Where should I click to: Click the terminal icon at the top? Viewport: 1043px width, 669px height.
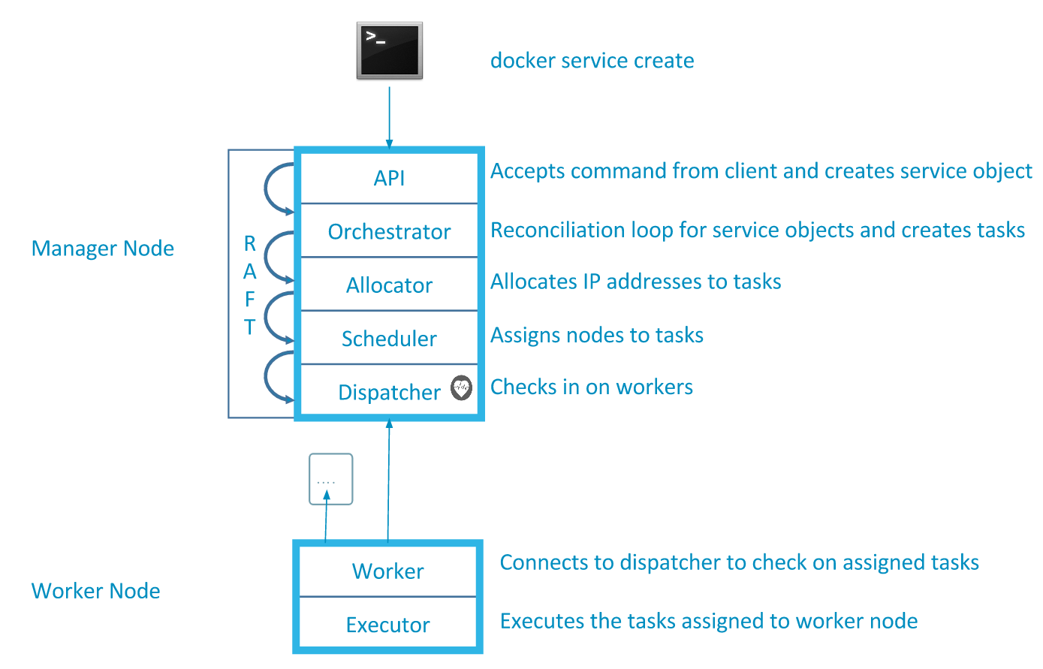click(389, 50)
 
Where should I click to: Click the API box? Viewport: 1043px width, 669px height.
click(389, 178)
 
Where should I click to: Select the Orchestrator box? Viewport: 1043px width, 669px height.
click(389, 231)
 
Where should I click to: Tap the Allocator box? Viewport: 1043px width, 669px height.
click(389, 284)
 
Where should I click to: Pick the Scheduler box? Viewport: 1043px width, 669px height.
click(389, 338)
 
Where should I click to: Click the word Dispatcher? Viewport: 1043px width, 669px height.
click(389, 392)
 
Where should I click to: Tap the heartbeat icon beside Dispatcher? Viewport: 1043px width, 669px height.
click(462, 387)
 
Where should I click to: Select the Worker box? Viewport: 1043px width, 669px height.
click(388, 571)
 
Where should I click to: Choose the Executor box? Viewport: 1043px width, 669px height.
click(388, 623)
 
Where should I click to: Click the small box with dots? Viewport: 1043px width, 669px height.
click(330, 479)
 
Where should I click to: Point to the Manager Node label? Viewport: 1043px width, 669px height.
click(102, 248)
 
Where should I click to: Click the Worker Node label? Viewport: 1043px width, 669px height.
click(95, 591)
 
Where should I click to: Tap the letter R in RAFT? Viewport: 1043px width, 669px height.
click(250, 243)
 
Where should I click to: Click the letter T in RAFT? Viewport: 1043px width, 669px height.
click(250, 327)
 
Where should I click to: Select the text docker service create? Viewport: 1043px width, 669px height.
click(592, 61)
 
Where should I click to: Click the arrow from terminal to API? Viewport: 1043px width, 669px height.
click(389, 117)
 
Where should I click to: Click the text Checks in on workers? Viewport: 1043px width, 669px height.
click(592, 387)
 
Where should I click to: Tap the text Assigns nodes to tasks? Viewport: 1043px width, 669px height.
click(596, 335)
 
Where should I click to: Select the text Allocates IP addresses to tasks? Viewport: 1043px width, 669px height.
click(635, 282)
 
